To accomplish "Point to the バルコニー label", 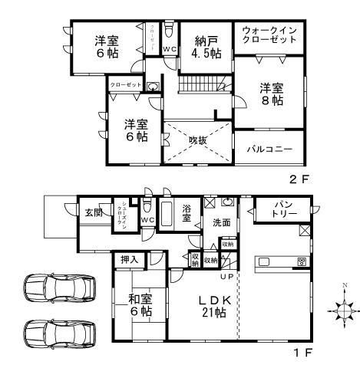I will point(269,149).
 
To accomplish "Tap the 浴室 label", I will point(188,212).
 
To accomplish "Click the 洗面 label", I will point(222,222).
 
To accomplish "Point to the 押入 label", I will point(129,261).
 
